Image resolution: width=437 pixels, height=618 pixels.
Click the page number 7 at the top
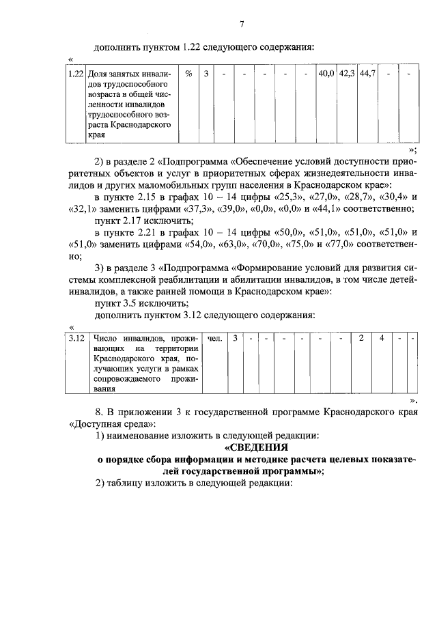242,25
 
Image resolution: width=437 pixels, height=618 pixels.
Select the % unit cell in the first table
188,74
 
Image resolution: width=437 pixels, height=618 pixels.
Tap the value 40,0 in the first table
326,74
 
